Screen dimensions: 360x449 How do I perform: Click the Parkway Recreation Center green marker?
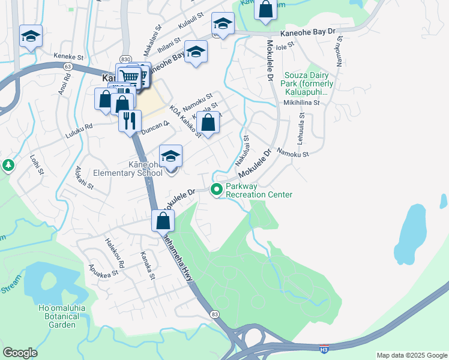[x=217, y=190]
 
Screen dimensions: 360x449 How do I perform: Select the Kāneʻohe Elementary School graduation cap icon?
[x=171, y=157]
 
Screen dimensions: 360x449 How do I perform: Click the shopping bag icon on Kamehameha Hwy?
[x=163, y=220]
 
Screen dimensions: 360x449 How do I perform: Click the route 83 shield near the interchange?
[x=214, y=314]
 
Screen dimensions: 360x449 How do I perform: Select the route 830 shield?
[x=125, y=59]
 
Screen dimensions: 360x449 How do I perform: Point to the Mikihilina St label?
[x=302, y=103]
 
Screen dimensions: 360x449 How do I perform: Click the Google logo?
[x=20, y=353]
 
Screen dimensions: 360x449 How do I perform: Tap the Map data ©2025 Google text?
[x=411, y=355]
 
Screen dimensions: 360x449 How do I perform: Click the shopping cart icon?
[x=128, y=76]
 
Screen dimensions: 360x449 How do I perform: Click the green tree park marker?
[x=8, y=164]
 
